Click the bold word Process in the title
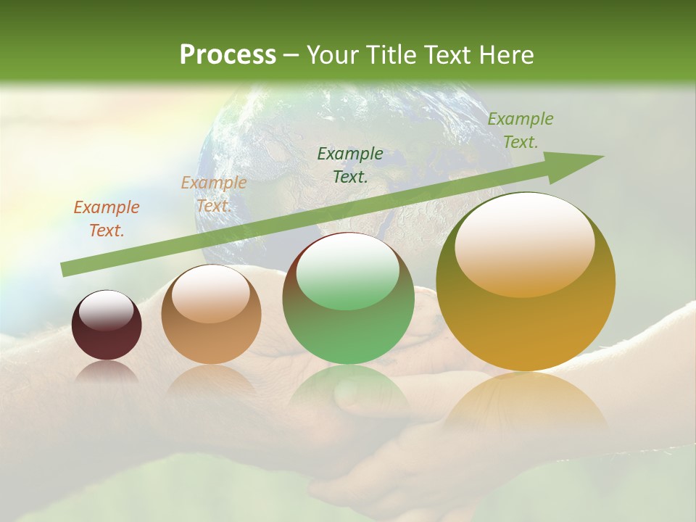click(228, 54)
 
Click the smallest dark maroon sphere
click(107, 326)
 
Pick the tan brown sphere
click(211, 315)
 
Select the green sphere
click(348, 299)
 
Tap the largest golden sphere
click(526, 282)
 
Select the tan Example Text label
click(214, 194)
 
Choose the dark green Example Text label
click(350, 165)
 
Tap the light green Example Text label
click(520, 130)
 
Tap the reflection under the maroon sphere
click(107, 371)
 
